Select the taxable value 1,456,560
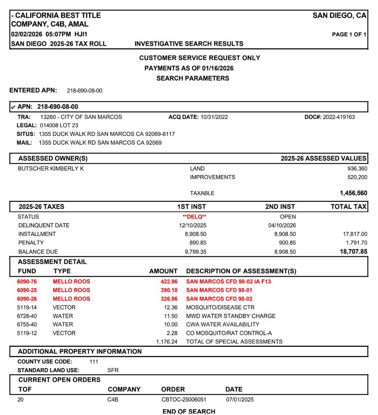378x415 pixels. (353, 193)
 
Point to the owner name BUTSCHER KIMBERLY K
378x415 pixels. (51, 169)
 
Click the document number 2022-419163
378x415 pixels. (339, 117)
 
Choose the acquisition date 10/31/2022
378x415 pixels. (214, 117)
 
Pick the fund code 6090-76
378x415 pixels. (27, 282)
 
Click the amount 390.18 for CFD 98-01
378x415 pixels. (169, 290)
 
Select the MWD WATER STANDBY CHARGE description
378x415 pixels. (231, 316)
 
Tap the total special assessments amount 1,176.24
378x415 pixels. (167, 342)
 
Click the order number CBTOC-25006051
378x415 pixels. (184, 400)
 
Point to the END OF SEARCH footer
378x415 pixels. (189, 411)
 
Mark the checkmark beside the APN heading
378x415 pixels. (13, 107)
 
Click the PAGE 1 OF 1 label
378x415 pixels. (349, 34)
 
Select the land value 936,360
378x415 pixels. (357, 169)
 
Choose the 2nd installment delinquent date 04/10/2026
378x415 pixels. (282, 225)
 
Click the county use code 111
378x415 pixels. (94, 362)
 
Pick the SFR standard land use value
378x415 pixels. (113, 370)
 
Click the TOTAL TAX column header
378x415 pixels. (348, 207)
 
